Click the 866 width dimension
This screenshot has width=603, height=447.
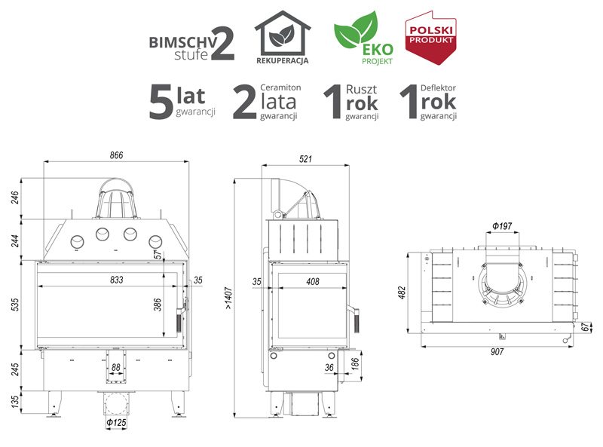(116, 155)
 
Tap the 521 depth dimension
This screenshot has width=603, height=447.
(305, 159)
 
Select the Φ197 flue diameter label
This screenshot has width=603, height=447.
(502, 226)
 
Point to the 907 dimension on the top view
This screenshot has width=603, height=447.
(497, 351)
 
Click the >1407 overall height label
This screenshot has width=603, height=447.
(228, 299)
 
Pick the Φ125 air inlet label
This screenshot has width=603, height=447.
(116, 423)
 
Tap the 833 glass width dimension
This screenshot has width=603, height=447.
(117, 280)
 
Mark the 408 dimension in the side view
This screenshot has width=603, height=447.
(313, 282)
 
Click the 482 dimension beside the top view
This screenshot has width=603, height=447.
(402, 292)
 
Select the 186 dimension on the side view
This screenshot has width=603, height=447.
(354, 363)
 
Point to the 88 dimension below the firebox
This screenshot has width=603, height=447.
(116, 367)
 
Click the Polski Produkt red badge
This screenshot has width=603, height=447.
(430, 38)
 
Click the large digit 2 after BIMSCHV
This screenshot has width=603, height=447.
(222, 44)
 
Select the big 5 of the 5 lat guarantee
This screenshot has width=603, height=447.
(161, 102)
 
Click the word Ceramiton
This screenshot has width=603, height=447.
(280, 87)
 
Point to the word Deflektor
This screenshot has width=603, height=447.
(438, 87)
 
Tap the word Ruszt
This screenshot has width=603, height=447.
(361, 89)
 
